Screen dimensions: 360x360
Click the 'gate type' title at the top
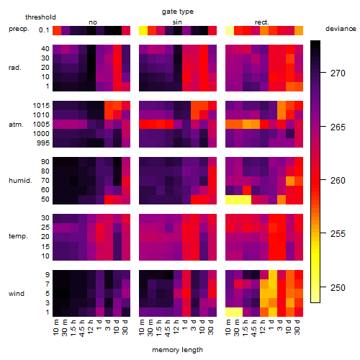pos(178,12)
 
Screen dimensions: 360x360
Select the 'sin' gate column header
pos(177,22)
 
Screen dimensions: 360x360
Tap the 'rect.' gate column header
pos(261,22)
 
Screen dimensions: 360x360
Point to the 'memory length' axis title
pos(177,350)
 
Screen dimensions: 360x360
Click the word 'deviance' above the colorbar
pos(341,29)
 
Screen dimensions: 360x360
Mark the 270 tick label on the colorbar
pos(338,73)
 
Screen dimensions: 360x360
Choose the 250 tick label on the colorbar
pos(338,287)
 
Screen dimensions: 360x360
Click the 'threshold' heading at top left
pos(40,17)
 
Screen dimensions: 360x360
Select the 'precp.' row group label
pos(19,29)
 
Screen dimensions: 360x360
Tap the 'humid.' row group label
pos(20,181)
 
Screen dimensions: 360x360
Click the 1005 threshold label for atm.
pos(41,125)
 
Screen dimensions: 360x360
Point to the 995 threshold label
pos(43,143)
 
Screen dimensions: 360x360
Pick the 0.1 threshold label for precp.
pos(44,30)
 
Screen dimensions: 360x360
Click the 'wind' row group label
pos(17,294)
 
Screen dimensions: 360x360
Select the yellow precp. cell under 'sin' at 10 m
pos(143,30)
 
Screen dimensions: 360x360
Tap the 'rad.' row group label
pos(15,68)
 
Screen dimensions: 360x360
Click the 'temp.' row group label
pos(18,236)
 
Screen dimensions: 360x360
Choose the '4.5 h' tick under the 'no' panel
pos(82,328)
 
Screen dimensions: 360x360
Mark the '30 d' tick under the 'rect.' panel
pos(297,328)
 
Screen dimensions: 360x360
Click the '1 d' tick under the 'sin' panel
pos(185,325)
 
